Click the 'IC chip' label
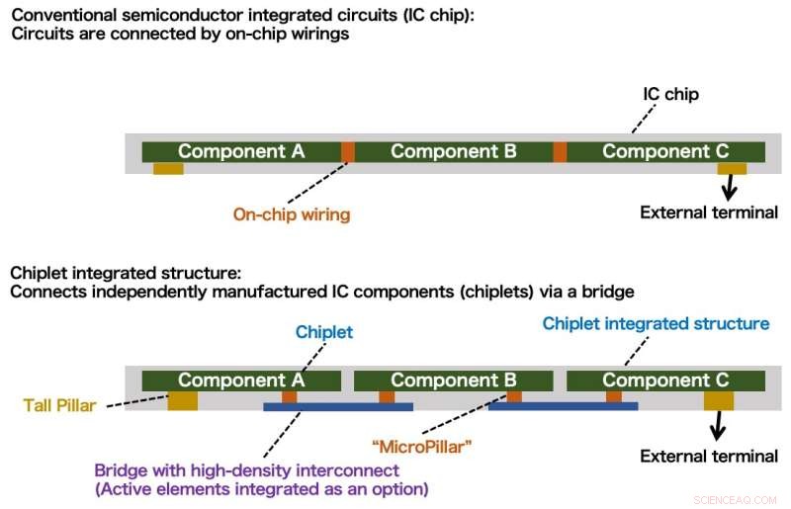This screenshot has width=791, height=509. [x=672, y=95]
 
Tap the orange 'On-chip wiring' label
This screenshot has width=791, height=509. [x=292, y=213]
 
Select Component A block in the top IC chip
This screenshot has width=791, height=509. [x=241, y=151]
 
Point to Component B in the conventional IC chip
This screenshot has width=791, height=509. [x=454, y=151]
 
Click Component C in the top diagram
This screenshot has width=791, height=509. [x=665, y=151]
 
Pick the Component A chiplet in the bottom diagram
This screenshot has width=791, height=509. [x=241, y=381]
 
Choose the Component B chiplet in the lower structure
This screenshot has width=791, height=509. [x=454, y=381]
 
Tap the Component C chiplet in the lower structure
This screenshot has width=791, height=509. [x=665, y=381]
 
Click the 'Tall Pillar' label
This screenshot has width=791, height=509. [x=59, y=404]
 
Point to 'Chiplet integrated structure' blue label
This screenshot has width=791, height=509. [x=656, y=323]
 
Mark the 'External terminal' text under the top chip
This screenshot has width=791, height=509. [x=709, y=212]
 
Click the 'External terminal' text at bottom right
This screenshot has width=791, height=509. [x=709, y=456]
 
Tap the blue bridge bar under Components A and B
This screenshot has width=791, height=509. [x=338, y=405]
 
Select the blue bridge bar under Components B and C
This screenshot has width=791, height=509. [x=563, y=405]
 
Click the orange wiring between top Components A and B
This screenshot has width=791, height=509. [x=348, y=151]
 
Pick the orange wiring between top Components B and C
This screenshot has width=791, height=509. [x=560, y=151]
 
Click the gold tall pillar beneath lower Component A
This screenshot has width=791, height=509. [x=183, y=400]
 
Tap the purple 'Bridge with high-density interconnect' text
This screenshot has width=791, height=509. [x=246, y=470]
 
